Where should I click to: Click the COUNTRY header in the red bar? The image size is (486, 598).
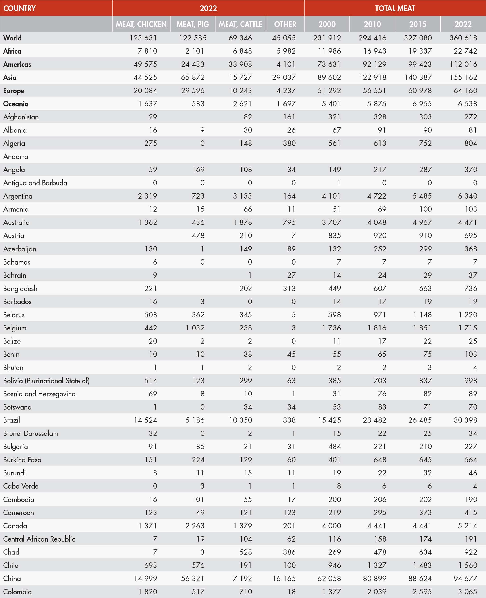[x=19, y=8]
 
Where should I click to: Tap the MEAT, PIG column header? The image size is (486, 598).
[x=193, y=24]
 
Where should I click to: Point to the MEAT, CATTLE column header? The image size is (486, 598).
[x=241, y=24]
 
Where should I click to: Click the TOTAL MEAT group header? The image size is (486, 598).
[x=395, y=8]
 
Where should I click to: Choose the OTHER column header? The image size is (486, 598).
[x=285, y=24]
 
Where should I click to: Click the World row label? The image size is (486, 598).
[x=12, y=38]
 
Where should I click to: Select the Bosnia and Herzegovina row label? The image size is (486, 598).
[x=39, y=394]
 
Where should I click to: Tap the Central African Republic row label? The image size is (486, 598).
[x=39, y=539]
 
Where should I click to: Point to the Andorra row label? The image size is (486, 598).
[x=16, y=156]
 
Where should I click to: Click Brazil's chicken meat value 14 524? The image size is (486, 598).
[x=145, y=420]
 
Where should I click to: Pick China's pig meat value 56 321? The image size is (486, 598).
[x=193, y=578]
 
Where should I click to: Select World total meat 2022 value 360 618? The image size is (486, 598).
[x=463, y=38]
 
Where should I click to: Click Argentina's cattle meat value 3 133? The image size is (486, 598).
[x=242, y=196]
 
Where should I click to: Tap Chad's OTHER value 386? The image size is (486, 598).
[x=289, y=552]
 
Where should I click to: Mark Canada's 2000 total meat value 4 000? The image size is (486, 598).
[x=331, y=526]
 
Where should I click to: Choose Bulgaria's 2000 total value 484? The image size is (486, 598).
[x=334, y=446]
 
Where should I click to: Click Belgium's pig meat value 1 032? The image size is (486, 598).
[x=195, y=328]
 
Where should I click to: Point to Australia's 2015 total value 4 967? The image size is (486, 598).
[x=422, y=222]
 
